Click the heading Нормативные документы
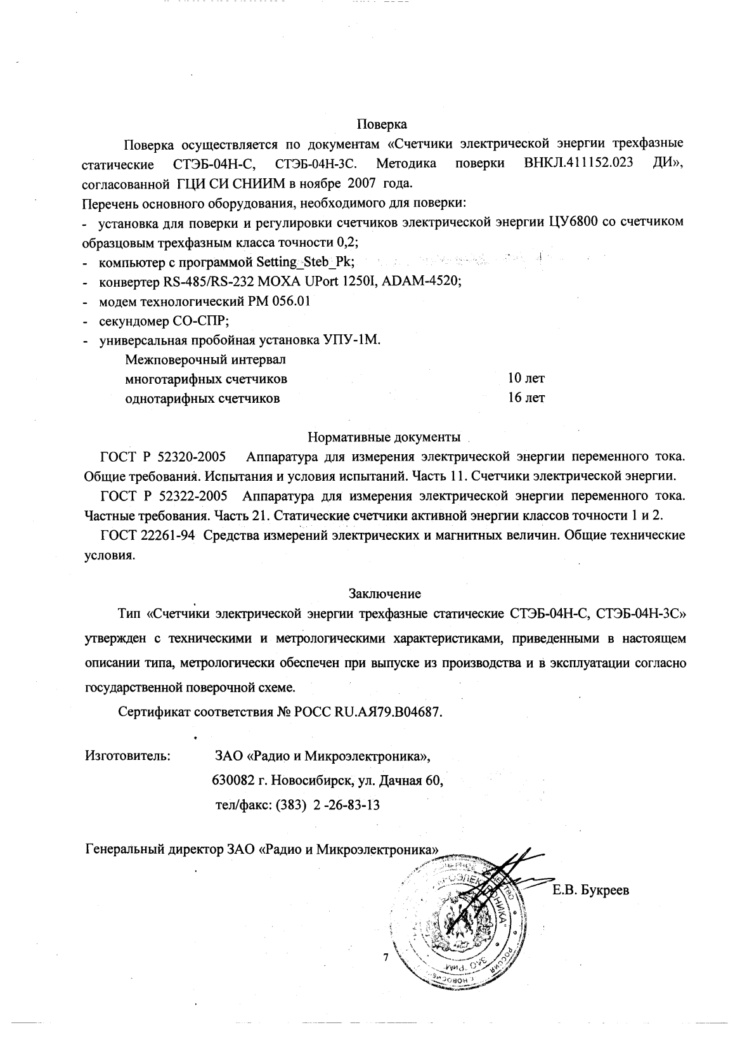[384, 437]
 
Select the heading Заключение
[384, 594]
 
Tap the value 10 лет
[526, 379]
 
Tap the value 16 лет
[526, 398]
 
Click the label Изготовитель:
[127, 755]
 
